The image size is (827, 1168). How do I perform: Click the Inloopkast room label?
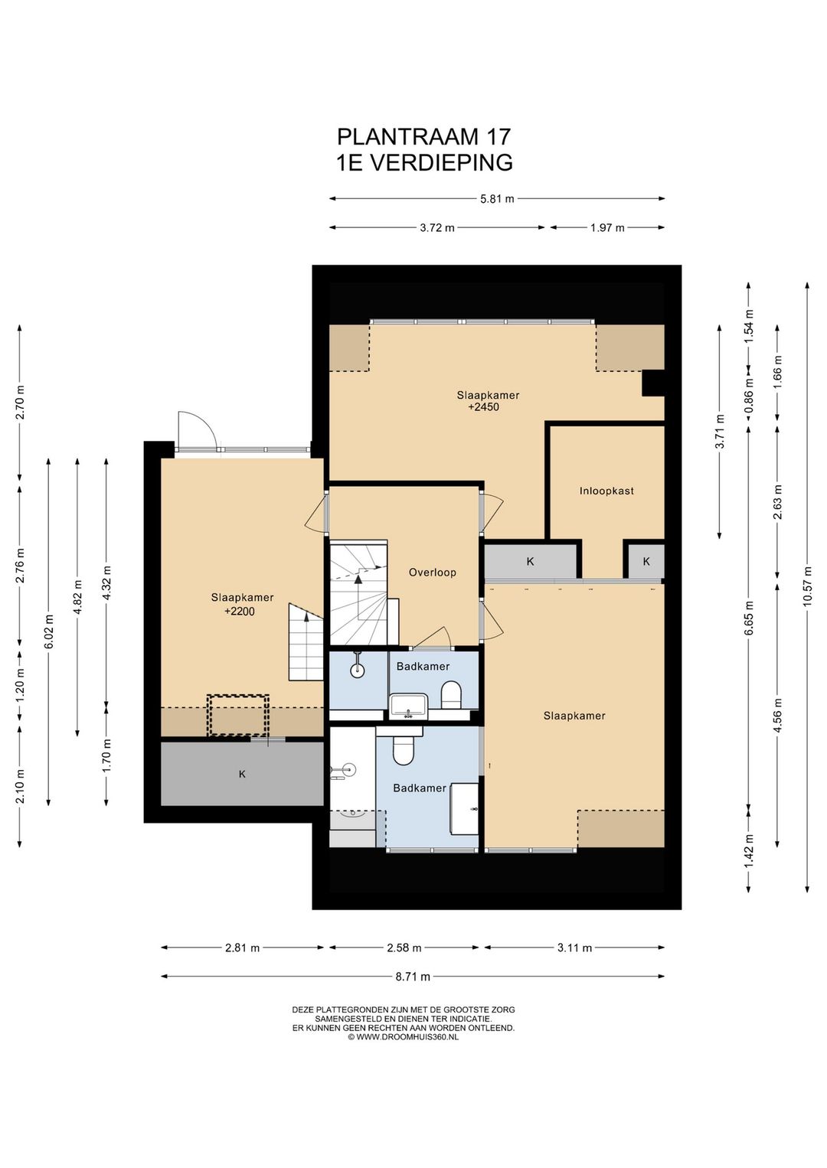click(x=606, y=491)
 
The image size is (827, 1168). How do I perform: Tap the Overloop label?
click(x=432, y=573)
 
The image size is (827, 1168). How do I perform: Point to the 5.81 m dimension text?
click(x=497, y=199)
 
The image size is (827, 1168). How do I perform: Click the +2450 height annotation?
click(x=484, y=406)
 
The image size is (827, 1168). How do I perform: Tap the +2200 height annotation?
click(x=240, y=612)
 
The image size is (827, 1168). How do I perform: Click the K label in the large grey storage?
click(x=242, y=775)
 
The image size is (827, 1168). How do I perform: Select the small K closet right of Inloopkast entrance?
click(x=646, y=562)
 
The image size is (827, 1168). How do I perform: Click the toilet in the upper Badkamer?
click(x=451, y=696)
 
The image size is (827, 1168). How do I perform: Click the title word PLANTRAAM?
click(x=407, y=136)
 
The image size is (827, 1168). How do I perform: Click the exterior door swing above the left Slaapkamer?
click(x=197, y=430)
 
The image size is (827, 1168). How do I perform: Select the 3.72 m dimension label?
click(x=437, y=228)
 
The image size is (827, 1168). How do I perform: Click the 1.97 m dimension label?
click(x=607, y=228)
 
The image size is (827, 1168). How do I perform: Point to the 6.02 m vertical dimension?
click(x=49, y=632)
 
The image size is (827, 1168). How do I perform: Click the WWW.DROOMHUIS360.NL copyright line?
click(x=404, y=1037)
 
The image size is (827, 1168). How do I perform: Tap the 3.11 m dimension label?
click(x=574, y=948)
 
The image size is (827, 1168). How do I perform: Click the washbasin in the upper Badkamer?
click(x=409, y=706)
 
